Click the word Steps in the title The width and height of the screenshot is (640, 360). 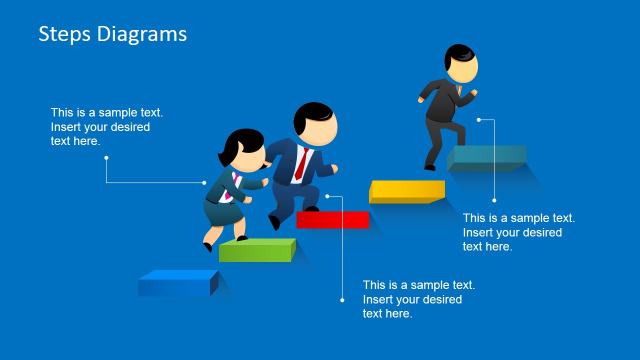tap(64, 33)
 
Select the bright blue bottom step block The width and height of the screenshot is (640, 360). tap(178, 283)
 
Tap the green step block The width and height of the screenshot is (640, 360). tap(257, 250)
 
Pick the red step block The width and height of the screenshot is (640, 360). tap(332, 219)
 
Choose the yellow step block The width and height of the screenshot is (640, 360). tap(407, 191)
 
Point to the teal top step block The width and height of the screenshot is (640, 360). tap(486, 158)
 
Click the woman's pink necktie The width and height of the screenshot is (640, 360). tap(231, 187)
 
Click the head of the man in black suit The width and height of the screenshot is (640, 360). tap(461, 63)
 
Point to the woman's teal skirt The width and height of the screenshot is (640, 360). tap(223, 213)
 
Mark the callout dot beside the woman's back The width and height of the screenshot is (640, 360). tap(204, 183)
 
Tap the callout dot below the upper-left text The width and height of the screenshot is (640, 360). tap(106, 157)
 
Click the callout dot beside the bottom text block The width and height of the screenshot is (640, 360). tap(342, 300)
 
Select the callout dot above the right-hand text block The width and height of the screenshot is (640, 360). tap(494, 200)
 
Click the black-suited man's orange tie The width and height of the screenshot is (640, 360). tap(459, 90)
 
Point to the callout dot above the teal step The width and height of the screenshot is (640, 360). tap(479, 119)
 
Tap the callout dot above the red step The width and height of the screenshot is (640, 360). tap(327, 196)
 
